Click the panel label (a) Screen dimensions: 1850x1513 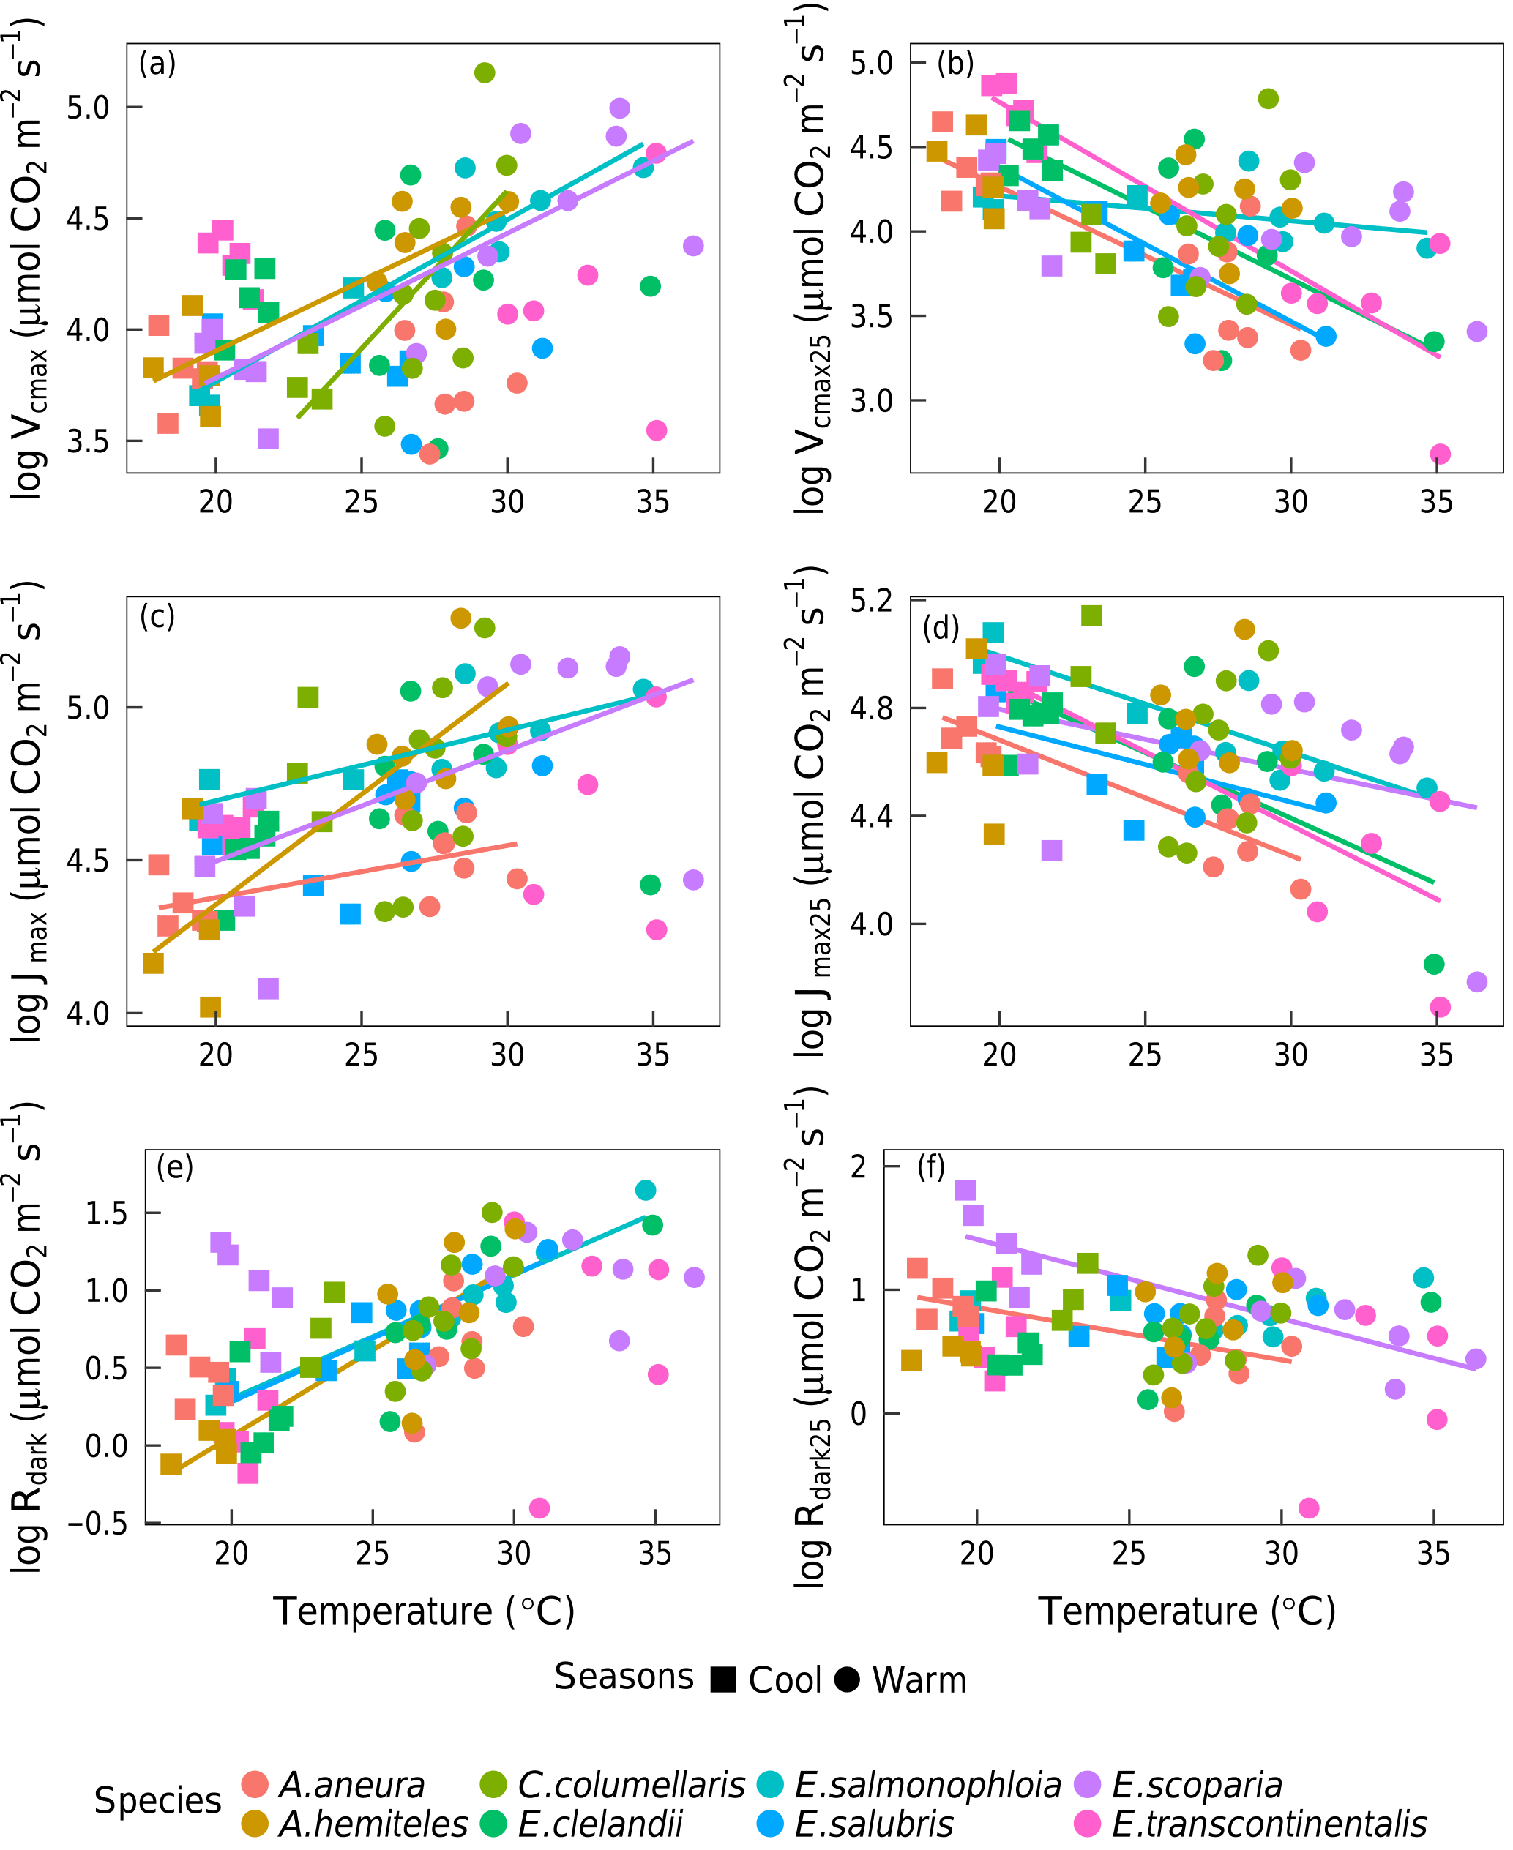(157, 64)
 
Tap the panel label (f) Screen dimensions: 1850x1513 (931, 1166)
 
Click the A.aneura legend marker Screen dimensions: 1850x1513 (255, 1784)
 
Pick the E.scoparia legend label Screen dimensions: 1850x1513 (1197, 1785)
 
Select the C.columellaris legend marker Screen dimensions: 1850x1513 (493, 1784)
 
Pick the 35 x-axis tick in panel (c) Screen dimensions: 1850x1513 (653, 1055)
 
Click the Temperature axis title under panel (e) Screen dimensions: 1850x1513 (425, 1611)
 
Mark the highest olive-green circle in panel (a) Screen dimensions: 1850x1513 (485, 72)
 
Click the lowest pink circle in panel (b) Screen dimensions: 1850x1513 (1440, 454)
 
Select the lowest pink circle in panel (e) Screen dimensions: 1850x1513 (539, 1508)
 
